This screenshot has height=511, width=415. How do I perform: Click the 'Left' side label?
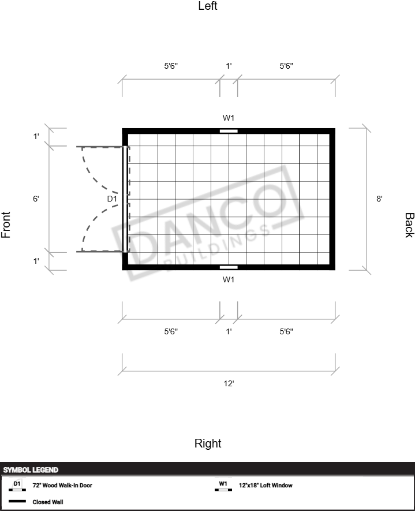[208, 6]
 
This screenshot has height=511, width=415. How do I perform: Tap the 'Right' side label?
[208, 443]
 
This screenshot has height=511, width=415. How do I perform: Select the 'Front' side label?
[6, 225]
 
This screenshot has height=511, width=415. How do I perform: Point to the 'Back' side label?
[409, 225]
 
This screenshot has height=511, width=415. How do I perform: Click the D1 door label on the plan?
[112, 199]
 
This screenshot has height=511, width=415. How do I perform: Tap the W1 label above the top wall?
[229, 118]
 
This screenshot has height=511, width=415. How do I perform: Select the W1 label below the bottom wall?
[229, 279]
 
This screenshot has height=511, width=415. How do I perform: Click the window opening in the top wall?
[229, 131]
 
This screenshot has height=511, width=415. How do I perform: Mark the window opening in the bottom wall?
[229, 267]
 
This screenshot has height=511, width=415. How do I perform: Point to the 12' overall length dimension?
[229, 383]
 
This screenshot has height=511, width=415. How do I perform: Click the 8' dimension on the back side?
[379, 199]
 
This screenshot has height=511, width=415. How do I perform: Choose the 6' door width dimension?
[36, 199]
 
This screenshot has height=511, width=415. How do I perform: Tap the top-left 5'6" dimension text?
[171, 66]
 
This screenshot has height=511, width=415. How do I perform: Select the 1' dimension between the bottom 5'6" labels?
[229, 331]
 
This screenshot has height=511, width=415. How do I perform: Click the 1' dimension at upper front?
[36, 136]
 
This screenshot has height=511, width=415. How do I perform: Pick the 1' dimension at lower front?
[36, 261]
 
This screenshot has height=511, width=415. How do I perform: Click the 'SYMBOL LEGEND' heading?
[31, 470]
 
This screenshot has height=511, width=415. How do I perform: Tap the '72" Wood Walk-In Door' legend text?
[62, 485]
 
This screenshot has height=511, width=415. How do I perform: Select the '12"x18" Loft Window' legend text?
[266, 485]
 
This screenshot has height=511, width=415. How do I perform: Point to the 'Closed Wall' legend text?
[48, 502]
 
